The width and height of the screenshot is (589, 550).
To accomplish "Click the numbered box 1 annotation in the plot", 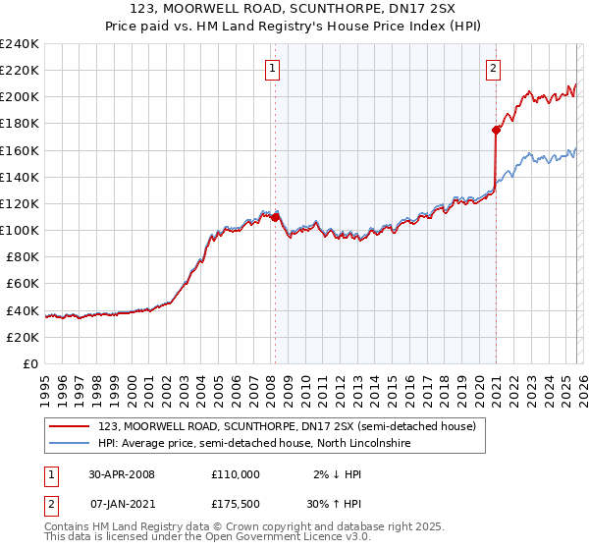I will tap(271, 68).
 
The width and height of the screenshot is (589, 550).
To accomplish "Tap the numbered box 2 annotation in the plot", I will tap(493, 68).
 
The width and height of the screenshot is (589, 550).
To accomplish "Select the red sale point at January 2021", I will tap(496, 129).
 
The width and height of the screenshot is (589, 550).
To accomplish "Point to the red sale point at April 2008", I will tap(275, 216).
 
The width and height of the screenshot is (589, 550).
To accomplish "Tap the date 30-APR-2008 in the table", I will tap(122, 473).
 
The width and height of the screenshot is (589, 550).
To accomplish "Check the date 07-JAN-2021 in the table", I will tap(122, 506).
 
